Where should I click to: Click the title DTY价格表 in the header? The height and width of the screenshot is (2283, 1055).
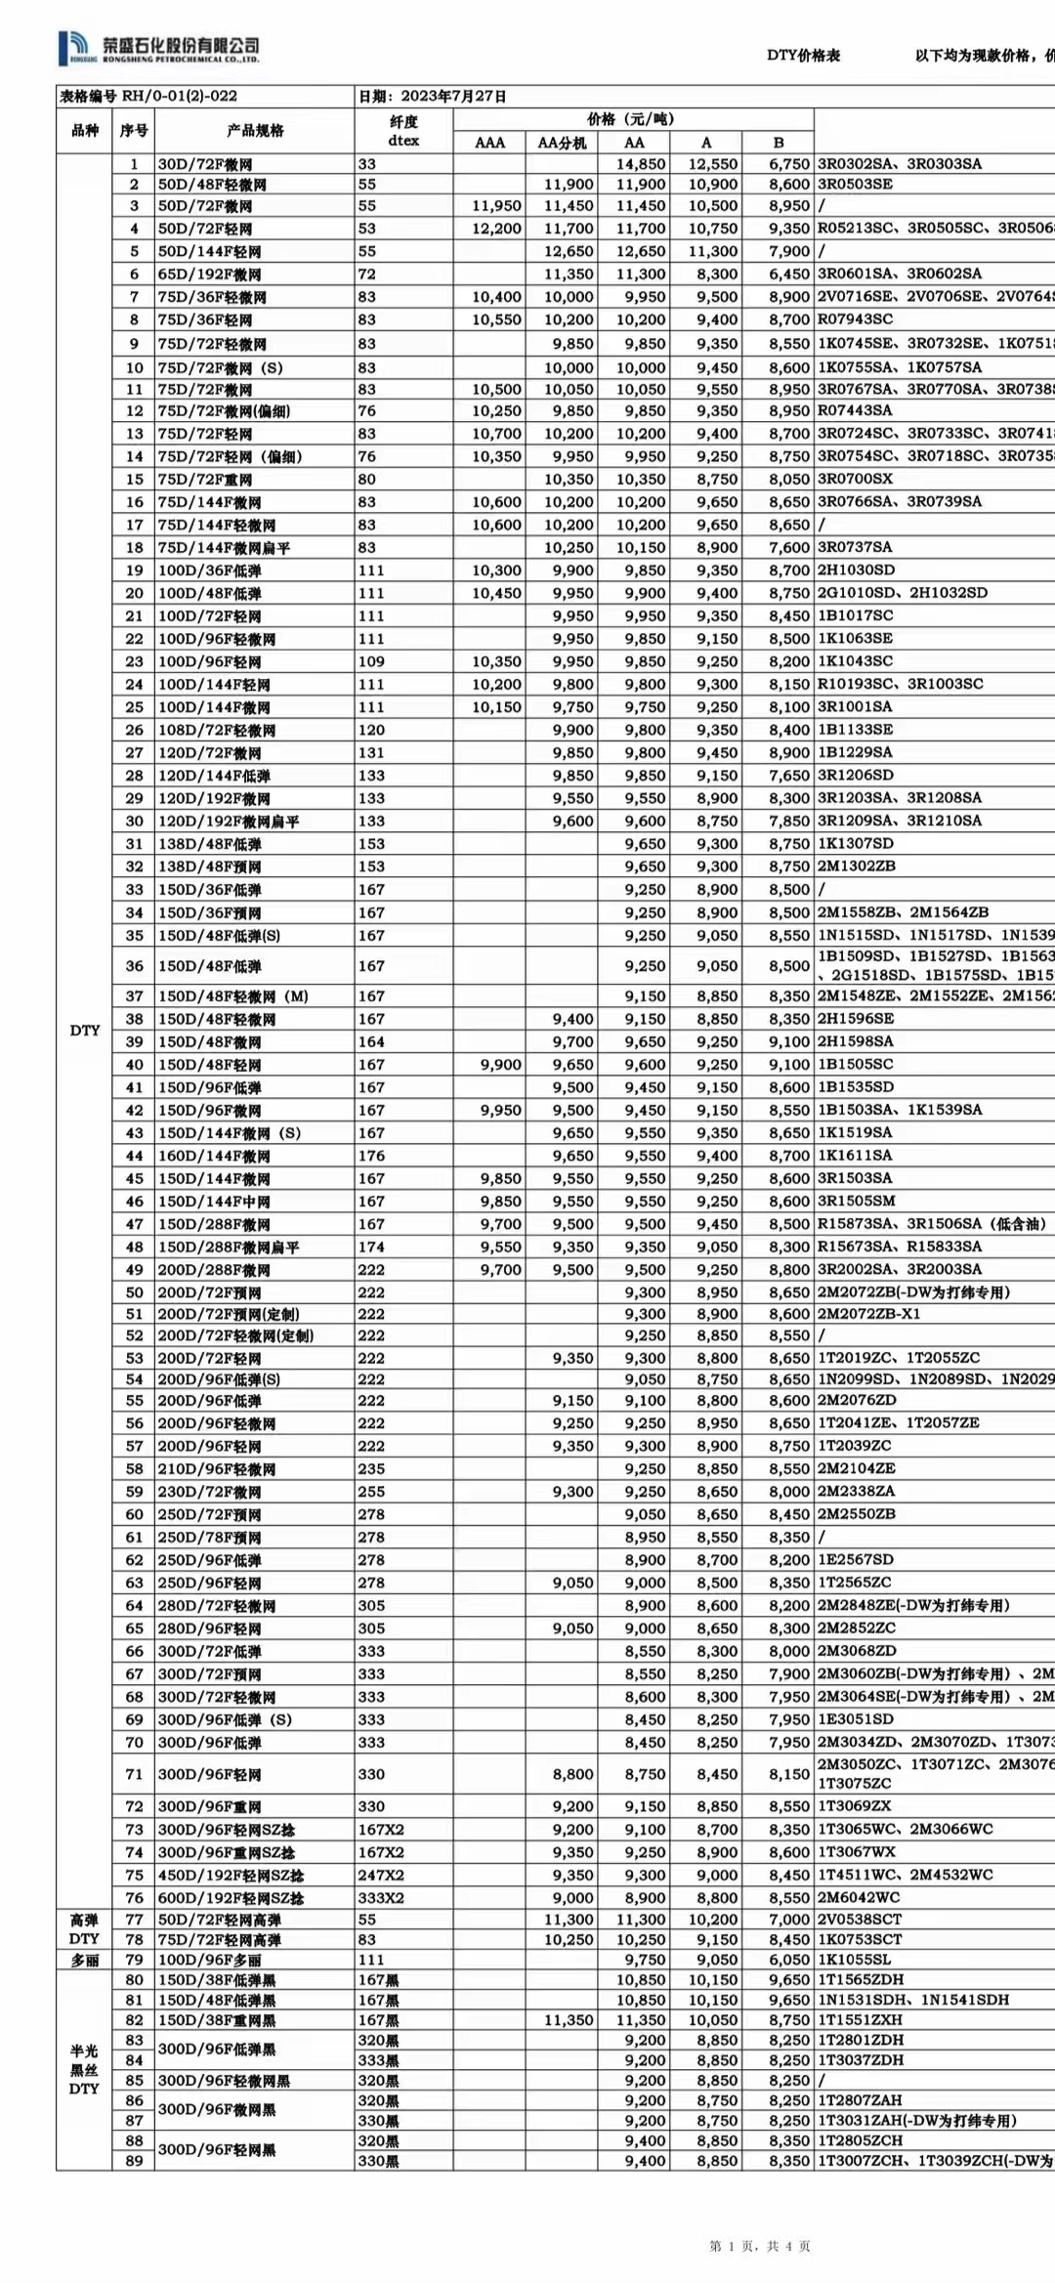tap(803, 56)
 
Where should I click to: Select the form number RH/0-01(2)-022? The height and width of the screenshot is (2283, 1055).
tap(148, 96)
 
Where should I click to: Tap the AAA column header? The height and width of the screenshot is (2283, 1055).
tap(489, 143)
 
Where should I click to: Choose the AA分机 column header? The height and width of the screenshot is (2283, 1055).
tap(562, 143)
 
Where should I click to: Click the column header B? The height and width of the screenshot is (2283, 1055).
tap(779, 143)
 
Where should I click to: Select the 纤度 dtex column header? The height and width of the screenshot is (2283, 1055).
tap(403, 131)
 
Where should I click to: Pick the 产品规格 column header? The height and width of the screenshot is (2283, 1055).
tap(254, 131)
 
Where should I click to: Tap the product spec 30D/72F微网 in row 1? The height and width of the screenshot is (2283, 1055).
tap(205, 164)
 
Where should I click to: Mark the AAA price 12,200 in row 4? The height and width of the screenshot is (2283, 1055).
tap(496, 229)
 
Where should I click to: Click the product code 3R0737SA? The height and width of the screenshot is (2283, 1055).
tap(855, 547)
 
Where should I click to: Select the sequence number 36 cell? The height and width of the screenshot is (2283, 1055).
tap(134, 965)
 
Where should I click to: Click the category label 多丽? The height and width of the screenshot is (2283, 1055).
tap(84, 1959)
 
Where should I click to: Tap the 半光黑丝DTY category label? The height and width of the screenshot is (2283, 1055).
tap(84, 2069)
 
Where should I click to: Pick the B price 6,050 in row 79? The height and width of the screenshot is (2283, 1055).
tap(788, 1959)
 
